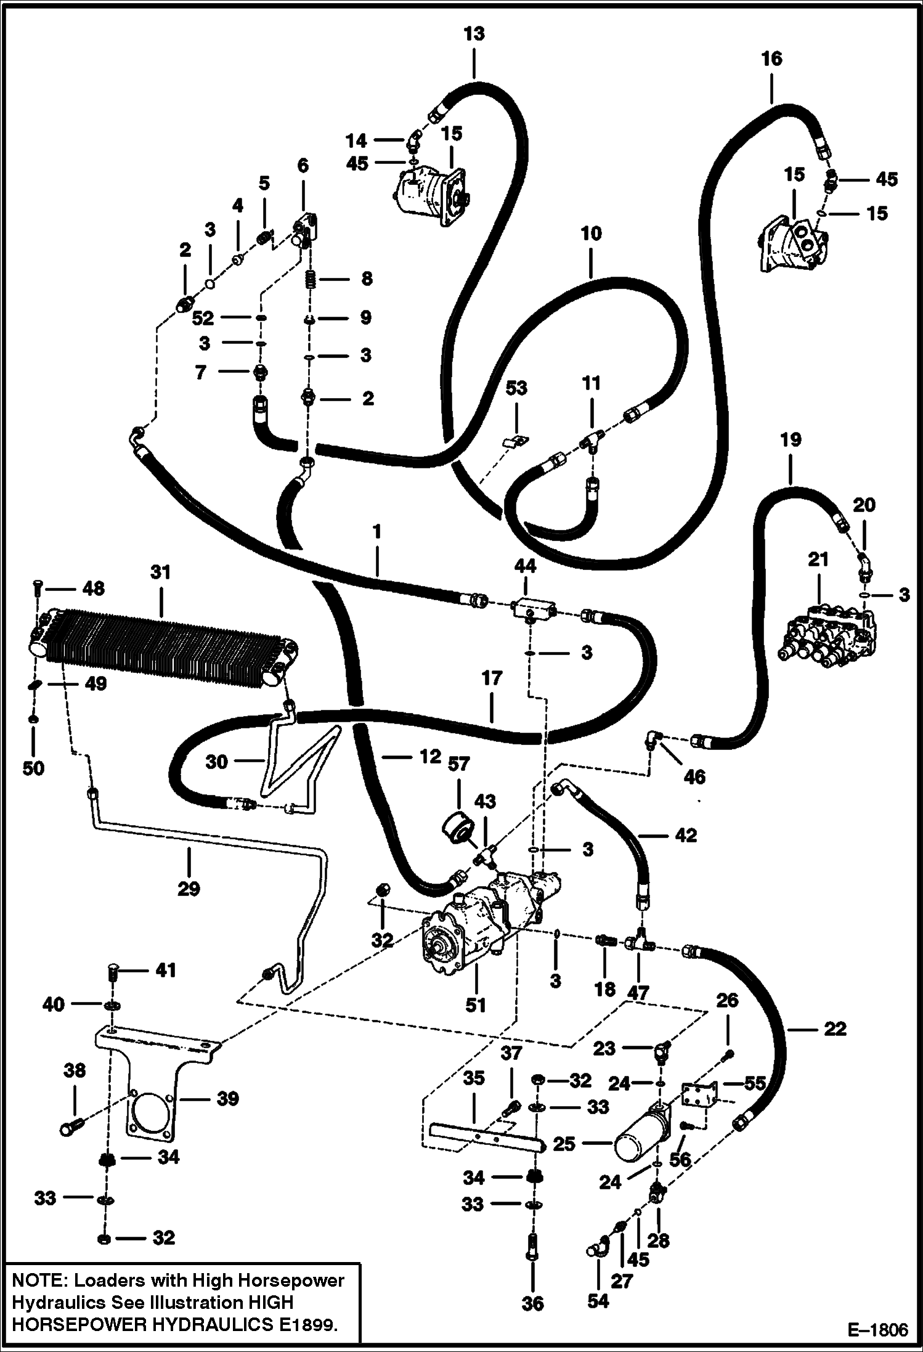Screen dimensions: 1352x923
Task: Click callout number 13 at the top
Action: [474, 34]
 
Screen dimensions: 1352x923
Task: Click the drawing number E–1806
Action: [878, 1329]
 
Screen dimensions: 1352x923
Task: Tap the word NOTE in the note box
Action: [39, 1281]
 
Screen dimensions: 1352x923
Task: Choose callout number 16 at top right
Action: [771, 59]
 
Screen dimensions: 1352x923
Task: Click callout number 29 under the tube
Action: [189, 889]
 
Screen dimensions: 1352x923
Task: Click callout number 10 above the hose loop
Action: [590, 234]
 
